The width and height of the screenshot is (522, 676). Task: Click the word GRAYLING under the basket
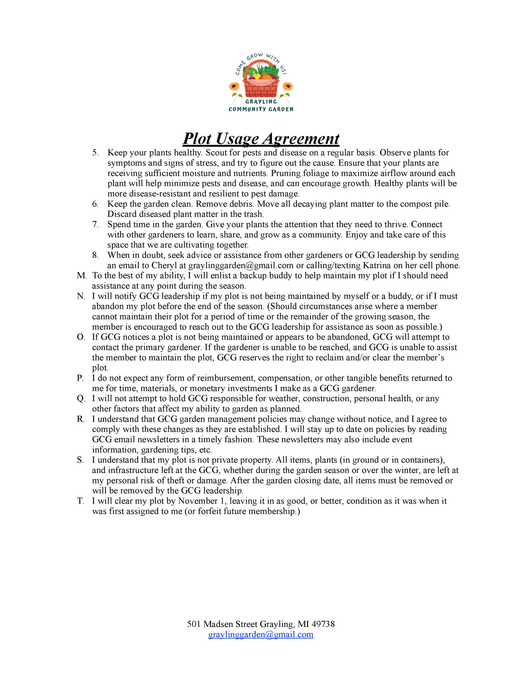coord(261,101)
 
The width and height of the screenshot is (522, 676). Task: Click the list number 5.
coord(95,153)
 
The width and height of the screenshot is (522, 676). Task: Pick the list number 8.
coord(95,255)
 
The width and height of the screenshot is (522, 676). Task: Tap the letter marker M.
coord(81,275)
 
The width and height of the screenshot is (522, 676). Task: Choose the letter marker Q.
coord(81,399)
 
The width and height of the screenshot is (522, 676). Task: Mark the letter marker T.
coord(80,501)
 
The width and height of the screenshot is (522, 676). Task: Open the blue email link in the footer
coord(260,635)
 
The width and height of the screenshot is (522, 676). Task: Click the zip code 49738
coord(323,624)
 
